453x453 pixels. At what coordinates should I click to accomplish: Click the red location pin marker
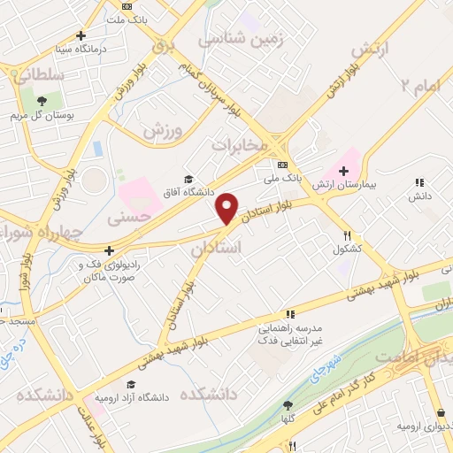coord(227,209)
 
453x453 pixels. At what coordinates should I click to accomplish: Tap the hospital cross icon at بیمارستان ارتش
coord(344,170)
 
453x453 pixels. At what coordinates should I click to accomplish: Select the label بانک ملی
coord(282,178)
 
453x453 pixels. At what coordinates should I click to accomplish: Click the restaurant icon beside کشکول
coord(348,236)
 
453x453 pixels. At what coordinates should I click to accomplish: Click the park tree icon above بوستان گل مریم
coord(42,99)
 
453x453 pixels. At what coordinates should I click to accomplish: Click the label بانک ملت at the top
coord(128,18)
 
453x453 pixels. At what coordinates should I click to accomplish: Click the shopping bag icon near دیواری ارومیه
coord(440,412)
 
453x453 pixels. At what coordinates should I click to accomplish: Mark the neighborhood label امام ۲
coord(418,85)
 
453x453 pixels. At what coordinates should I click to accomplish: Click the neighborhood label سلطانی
coord(38,76)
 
